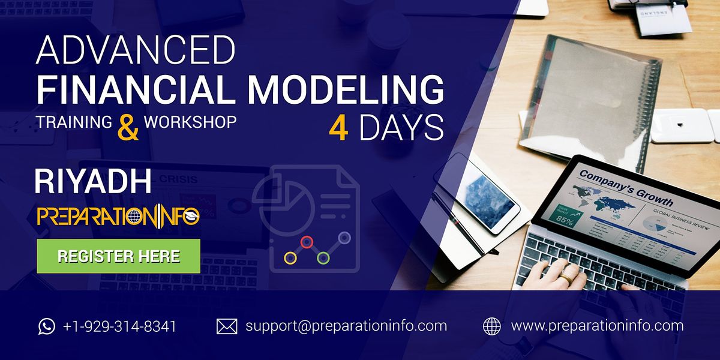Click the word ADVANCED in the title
[x=135, y=51]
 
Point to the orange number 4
[x=338, y=128]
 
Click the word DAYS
[x=401, y=128]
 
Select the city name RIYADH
[x=94, y=181]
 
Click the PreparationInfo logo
[x=118, y=216]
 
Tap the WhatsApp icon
[x=46, y=326]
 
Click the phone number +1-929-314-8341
[x=119, y=326]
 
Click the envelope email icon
[x=226, y=326]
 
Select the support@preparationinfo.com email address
[x=346, y=326]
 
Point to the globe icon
[x=491, y=326]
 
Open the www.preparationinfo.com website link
[x=597, y=326]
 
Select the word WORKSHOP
[x=190, y=121]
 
